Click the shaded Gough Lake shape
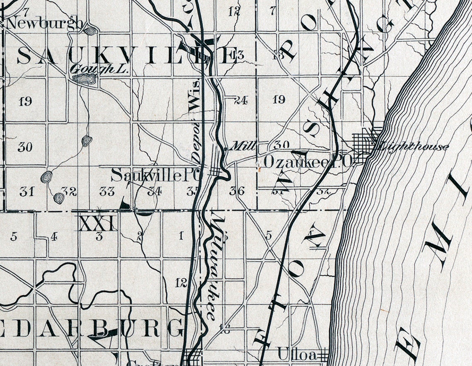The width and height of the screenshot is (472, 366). click(87, 79)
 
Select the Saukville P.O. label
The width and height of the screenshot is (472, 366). click(157, 176)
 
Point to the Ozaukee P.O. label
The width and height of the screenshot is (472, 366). click(307, 162)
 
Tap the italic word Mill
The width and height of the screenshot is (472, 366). click(243, 146)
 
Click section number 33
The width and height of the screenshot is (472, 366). click(107, 191)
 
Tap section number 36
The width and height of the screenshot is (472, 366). click(236, 191)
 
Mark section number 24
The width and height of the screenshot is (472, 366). click(240, 99)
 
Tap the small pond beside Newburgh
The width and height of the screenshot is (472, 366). click(89, 30)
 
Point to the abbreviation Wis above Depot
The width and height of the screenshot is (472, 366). click(194, 100)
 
